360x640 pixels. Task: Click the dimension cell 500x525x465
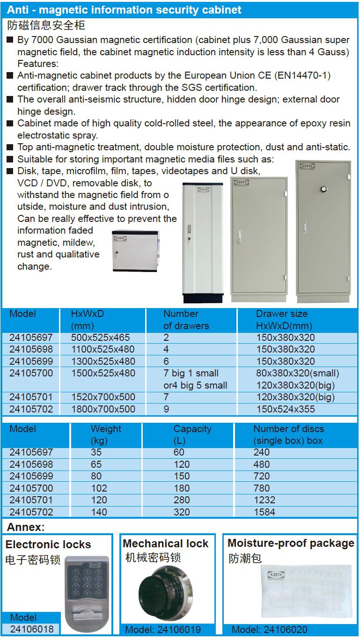click(x=100, y=338)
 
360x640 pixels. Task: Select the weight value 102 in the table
click(x=99, y=488)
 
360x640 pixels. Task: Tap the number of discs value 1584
click(x=264, y=512)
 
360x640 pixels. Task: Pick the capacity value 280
click(x=182, y=500)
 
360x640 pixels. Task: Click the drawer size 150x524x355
click(x=286, y=409)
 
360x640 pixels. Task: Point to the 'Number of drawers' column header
click(x=186, y=320)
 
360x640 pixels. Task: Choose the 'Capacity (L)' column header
click(x=192, y=434)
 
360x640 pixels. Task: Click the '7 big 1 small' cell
click(x=191, y=373)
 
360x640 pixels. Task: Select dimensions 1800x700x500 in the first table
click(x=103, y=409)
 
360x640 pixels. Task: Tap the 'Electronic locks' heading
click(x=48, y=544)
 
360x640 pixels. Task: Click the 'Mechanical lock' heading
click(x=165, y=544)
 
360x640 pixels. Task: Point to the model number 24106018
click(x=31, y=629)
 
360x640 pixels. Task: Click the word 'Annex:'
click(x=26, y=527)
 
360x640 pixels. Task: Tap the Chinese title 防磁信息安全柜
click(x=46, y=25)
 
